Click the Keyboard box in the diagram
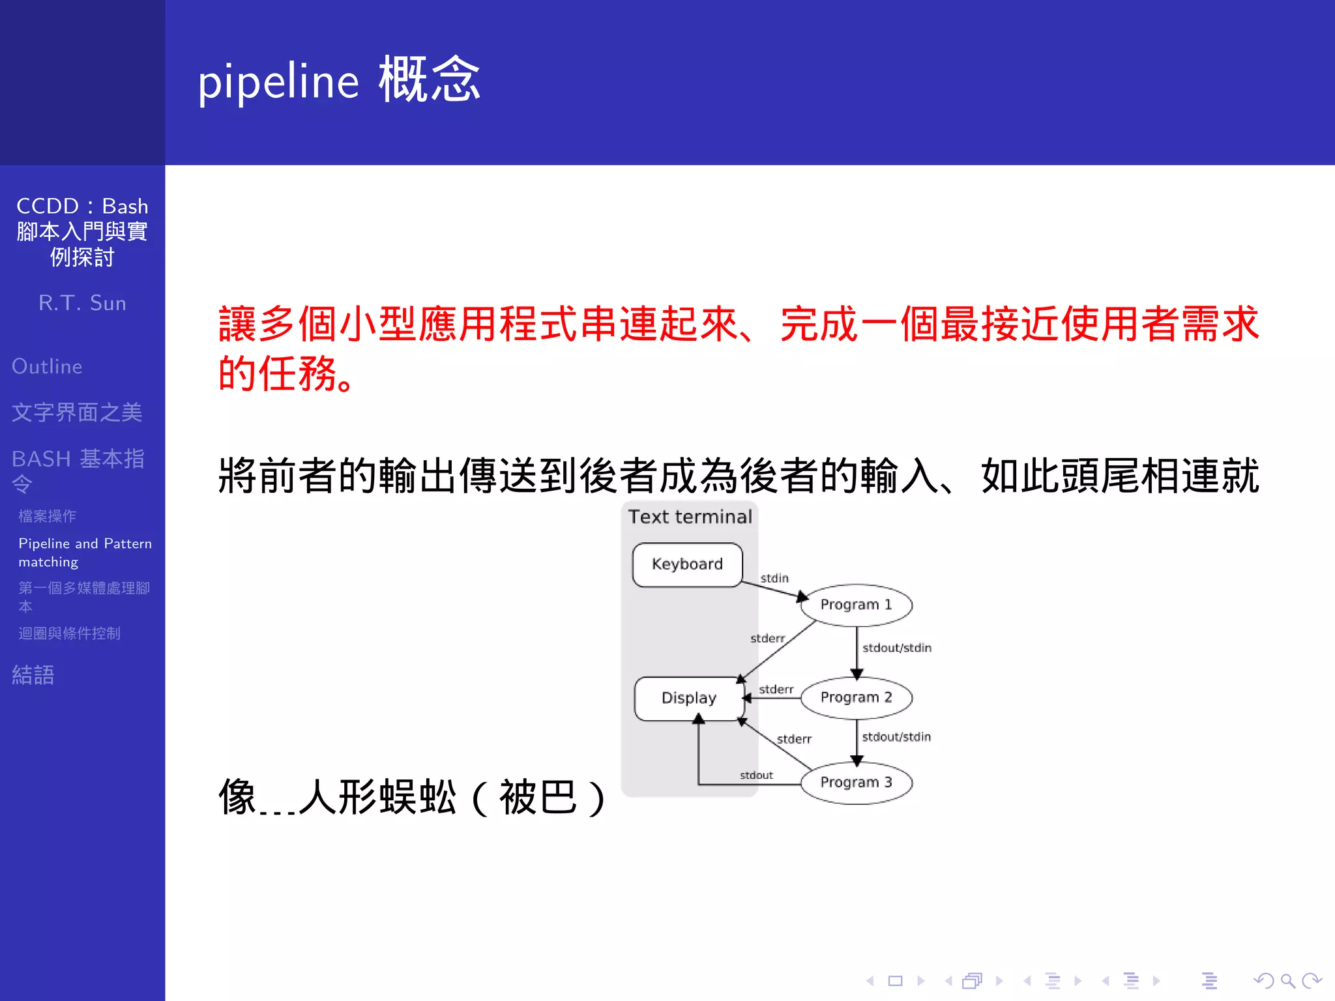point(687,564)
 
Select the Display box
point(688,698)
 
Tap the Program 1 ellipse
point(856,605)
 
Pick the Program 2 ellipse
point(856,697)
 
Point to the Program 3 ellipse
point(856,782)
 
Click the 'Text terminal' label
point(690,517)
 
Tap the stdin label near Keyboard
point(774,578)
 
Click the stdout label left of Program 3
point(756,775)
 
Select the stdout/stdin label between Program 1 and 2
point(897,648)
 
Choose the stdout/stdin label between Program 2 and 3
point(896,737)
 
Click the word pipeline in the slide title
point(278,82)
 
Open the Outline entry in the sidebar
point(47,366)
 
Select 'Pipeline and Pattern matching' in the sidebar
point(85,552)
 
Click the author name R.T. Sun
point(82,303)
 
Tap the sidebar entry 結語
point(33,675)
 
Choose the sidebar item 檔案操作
point(48,516)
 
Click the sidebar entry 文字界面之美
point(77,412)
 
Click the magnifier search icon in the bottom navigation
point(1288,981)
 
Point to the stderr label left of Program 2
point(776,689)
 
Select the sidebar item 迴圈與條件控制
point(69,633)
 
